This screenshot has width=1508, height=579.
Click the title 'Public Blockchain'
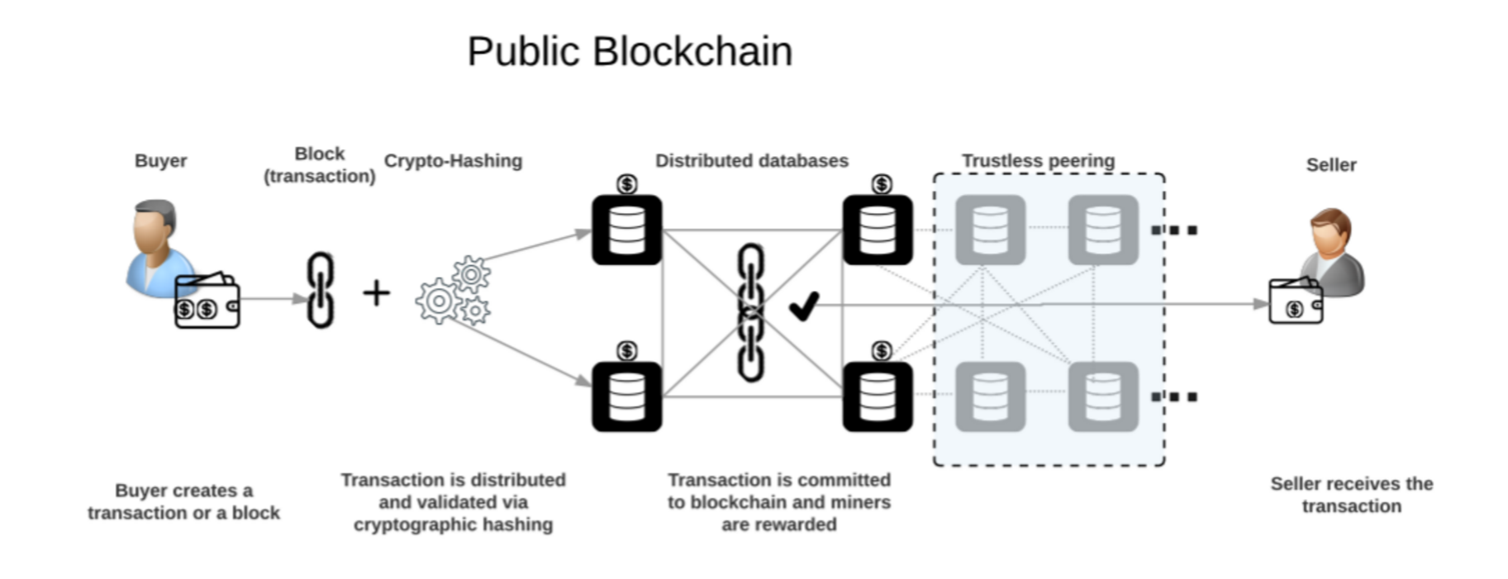coord(629,51)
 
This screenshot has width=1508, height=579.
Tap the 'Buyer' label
coord(160,160)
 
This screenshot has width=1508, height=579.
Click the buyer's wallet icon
coord(207,302)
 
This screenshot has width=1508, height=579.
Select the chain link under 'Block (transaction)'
coord(320,290)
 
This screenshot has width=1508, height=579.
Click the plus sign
coord(376,292)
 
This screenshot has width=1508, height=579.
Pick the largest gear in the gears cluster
coord(438,301)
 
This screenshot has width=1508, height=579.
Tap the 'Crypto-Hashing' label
coord(453,160)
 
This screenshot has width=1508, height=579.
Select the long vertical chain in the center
coord(750,312)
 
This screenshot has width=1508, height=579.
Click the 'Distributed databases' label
coord(751,160)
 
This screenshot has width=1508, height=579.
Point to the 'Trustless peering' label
coord(1038,160)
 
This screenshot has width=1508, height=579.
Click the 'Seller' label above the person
coord(1330,164)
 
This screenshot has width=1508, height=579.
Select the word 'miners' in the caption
coord(863,502)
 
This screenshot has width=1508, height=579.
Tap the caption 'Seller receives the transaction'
coord(1351,495)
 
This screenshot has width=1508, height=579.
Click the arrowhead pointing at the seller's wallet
coord(1260,304)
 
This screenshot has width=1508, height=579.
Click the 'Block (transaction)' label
coord(319,164)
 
